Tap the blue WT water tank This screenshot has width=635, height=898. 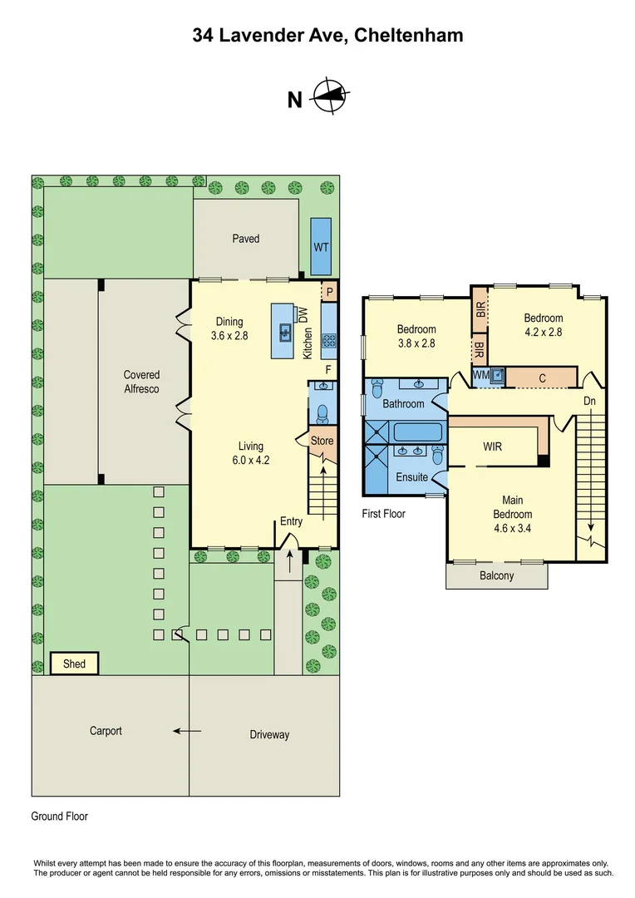click(321, 247)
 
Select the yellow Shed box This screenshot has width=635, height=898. click(74, 664)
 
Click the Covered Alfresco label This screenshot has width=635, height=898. click(141, 382)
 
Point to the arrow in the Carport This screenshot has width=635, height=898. click(187, 732)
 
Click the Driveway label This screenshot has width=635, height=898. click(269, 734)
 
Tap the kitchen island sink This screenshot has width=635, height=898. click(284, 332)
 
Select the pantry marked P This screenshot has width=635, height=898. click(329, 293)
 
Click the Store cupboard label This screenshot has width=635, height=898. click(322, 440)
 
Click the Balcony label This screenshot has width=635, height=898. click(496, 575)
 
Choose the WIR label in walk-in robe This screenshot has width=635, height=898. click(492, 447)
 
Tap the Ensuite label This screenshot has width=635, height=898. click(412, 477)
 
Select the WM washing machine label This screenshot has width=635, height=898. click(480, 376)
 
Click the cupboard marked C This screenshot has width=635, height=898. click(542, 378)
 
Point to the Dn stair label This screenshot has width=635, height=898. click(590, 401)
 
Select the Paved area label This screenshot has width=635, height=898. click(245, 239)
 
